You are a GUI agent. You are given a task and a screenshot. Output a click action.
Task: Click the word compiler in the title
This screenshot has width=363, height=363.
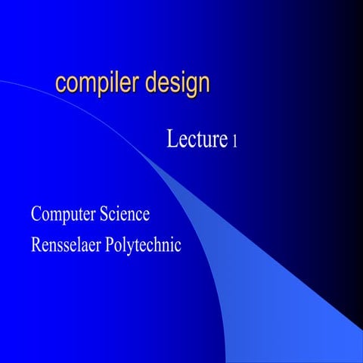point(96,85)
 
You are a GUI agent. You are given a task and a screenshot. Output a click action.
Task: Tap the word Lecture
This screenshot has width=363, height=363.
point(197,139)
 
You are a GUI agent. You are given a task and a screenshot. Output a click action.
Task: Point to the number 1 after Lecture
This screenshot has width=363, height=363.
point(235,141)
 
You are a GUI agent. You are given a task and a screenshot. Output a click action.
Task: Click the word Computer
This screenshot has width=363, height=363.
point(64,215)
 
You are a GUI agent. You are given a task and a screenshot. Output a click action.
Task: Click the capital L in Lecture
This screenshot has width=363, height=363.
point(172,139)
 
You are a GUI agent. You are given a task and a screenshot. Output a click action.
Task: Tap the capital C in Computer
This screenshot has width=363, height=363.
point(36,214)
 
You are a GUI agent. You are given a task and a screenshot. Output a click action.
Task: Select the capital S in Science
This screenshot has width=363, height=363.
point(104,214)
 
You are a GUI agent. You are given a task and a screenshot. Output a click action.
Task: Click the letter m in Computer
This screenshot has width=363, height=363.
point(54,216)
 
